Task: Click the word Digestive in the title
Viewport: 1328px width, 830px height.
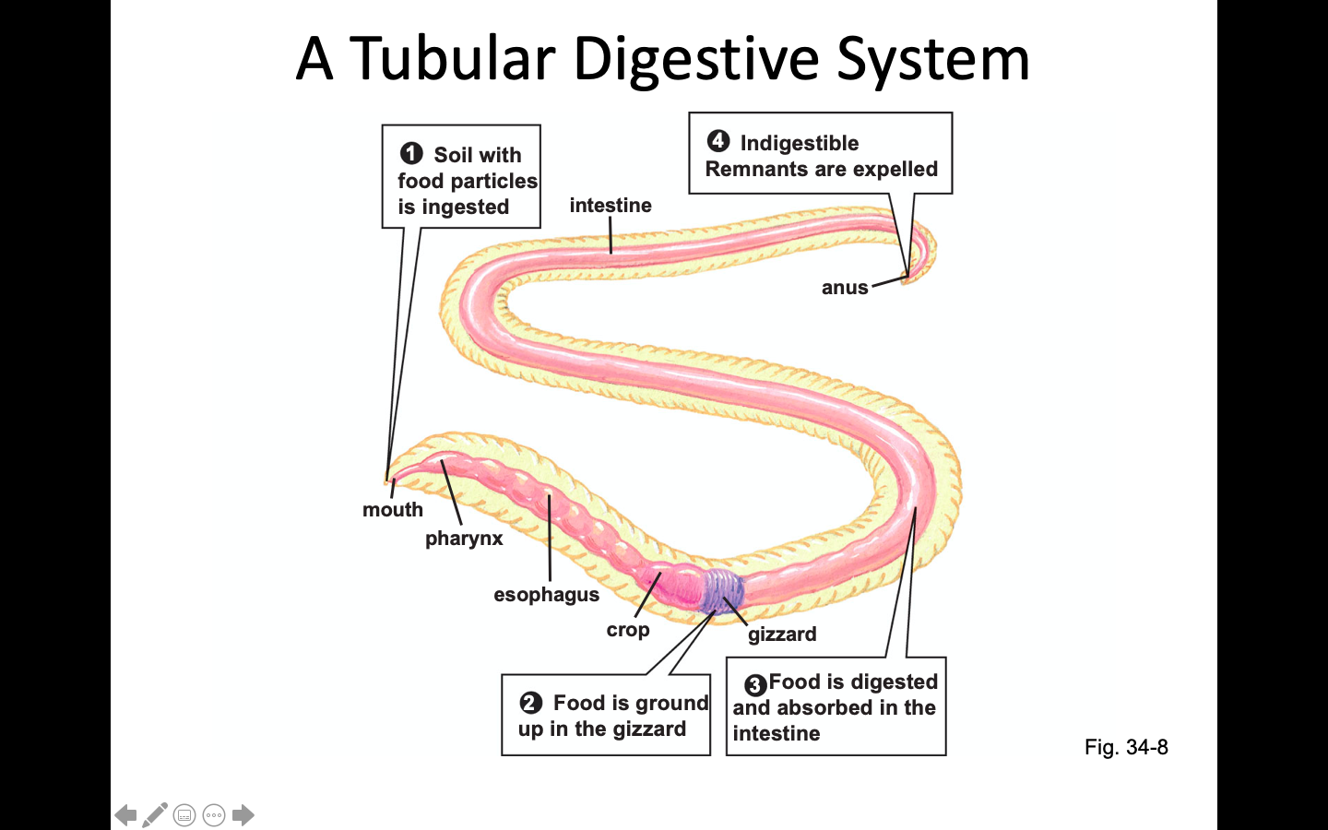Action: coord(695,59)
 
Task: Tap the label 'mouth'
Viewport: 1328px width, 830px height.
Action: coord(393,510)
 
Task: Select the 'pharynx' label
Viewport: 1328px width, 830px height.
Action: coord(464,539)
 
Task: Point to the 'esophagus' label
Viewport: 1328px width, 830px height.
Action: coord(546,595)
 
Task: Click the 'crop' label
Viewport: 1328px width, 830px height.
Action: coord(628,630)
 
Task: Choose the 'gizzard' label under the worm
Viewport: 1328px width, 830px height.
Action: coord(782,634)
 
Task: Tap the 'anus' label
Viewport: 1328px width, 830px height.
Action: coord(845,288)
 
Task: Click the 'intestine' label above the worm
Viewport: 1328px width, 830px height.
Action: coord(611,206)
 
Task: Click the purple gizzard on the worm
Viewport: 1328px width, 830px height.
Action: coord(722,591)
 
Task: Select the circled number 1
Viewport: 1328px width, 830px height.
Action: coord(411,154)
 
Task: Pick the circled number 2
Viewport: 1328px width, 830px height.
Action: coord(530,703)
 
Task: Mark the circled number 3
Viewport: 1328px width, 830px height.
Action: coord(755,685)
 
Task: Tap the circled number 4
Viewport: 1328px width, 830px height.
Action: coord(718,141)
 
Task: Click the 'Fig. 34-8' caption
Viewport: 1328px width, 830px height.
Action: coord(1126,747)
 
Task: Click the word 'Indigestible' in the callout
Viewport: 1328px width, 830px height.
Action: coord(800,143)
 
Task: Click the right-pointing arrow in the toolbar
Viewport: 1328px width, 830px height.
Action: coord(243,815)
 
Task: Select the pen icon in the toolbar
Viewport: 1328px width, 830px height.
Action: coord(155,815)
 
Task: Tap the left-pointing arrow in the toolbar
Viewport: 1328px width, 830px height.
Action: coord(125,815)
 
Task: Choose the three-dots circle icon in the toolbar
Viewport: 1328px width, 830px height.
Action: coord(214,815)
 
